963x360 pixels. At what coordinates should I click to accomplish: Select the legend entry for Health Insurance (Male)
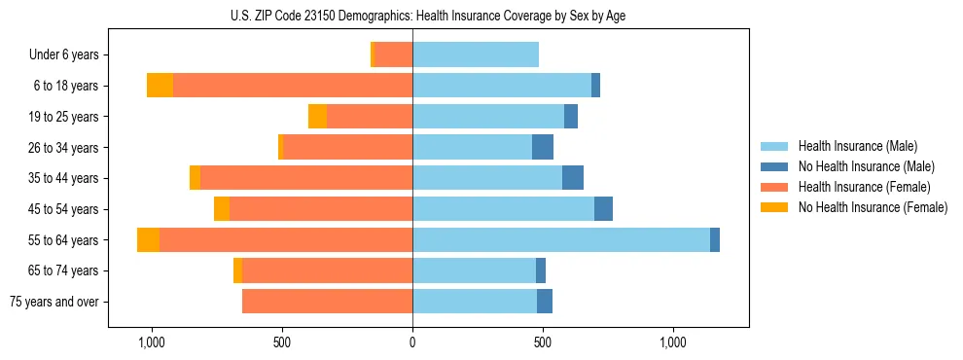point(857,146)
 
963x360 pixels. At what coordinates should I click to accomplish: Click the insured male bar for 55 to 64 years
point(561,240)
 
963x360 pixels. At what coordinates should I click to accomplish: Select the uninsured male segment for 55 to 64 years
point(715,240)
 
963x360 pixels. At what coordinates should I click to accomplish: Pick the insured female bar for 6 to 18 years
point(293,86)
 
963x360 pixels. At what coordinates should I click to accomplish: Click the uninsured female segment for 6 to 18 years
point(160,86)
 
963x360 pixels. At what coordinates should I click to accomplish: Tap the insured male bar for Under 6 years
point(476,55)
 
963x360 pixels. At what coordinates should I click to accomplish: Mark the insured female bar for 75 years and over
point(327,302)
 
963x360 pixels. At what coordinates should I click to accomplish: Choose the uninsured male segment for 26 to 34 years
point(543,148)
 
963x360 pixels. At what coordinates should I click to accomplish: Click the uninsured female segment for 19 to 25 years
point(317,117)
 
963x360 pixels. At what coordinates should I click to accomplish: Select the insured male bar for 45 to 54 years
point(503,209)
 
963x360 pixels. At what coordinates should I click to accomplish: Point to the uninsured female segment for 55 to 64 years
point(148,240)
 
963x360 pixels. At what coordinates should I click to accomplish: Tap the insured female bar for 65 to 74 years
point(327,270)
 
